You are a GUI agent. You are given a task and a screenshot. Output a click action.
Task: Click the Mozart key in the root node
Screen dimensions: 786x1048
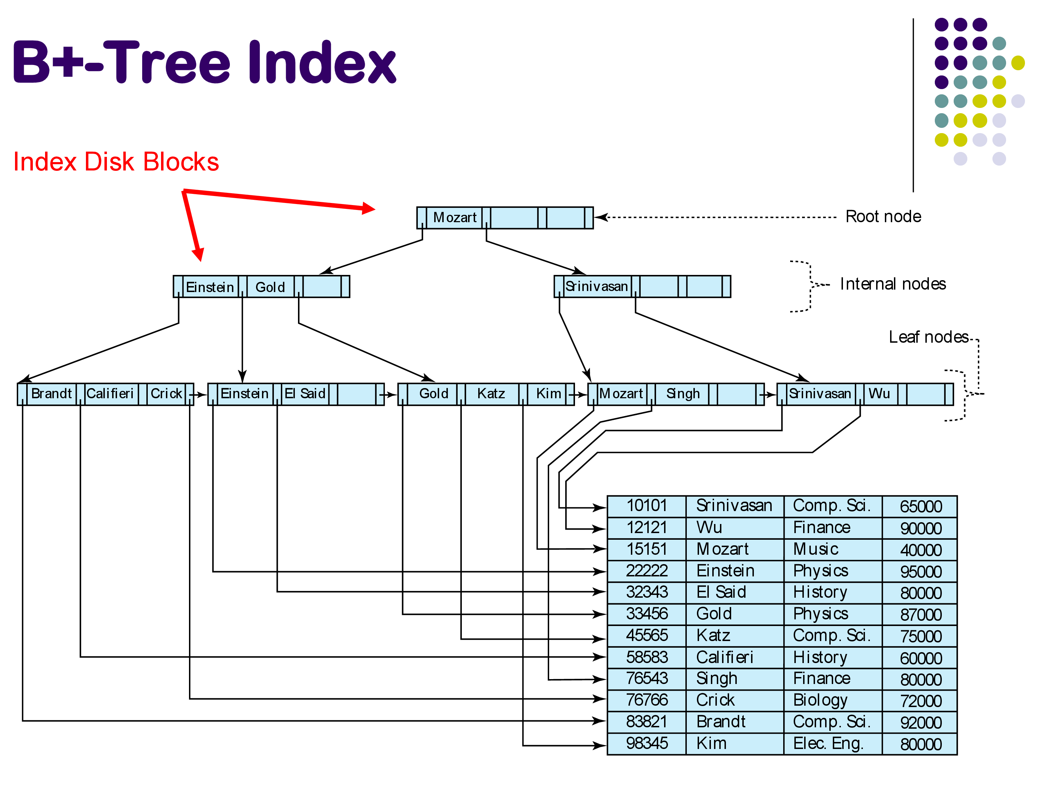454,218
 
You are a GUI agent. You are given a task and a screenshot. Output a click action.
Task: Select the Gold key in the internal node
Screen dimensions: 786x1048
270,287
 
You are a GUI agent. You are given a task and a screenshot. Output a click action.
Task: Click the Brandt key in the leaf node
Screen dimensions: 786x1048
51,394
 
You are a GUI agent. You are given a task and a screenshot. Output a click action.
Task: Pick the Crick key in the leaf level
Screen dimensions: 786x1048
166,394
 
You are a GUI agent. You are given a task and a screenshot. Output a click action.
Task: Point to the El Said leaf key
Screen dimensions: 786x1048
305,394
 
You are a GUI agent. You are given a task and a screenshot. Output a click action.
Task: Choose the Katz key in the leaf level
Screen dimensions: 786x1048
491,394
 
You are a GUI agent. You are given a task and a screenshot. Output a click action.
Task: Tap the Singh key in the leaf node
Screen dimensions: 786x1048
683,394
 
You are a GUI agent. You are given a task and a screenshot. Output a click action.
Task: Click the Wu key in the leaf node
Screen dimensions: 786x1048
879,394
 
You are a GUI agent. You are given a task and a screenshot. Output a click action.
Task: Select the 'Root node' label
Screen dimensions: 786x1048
883,217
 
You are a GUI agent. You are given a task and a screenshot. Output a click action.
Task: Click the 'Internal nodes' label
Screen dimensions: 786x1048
893,284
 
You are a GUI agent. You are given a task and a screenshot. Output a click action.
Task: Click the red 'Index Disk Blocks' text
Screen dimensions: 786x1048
116,162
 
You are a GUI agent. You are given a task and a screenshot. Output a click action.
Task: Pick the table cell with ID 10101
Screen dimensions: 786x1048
647,506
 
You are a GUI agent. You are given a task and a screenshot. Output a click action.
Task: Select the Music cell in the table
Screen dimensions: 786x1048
816,549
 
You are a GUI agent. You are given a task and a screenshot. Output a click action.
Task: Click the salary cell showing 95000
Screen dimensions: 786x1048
920,572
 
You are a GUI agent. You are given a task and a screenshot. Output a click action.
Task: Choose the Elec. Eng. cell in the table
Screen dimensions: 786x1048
828,743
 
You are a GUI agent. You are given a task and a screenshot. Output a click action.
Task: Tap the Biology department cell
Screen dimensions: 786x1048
820,700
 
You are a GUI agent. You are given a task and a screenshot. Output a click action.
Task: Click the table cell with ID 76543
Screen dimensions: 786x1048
647,678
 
